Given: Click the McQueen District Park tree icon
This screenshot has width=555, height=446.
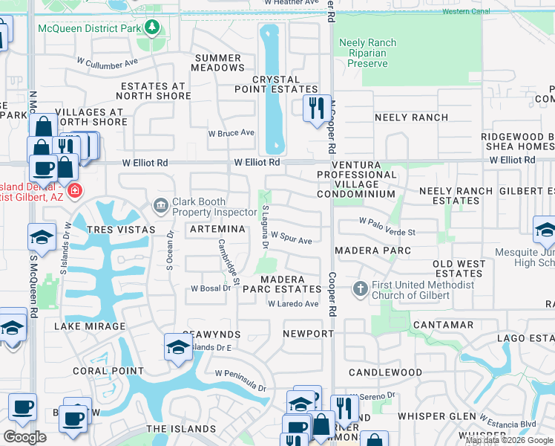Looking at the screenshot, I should pyautogui.click(x=153, y=28).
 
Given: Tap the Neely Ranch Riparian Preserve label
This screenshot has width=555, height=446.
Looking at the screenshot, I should pyautogui.click(x=364, y=53).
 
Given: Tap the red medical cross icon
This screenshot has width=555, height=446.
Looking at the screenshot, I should pyautogui.click(x=74, y=192).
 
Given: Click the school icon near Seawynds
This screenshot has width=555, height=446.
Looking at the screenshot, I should pyautogui.click(x=178, y=347).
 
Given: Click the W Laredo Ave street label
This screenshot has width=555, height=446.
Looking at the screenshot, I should pyautogui.click(x=293, y=303).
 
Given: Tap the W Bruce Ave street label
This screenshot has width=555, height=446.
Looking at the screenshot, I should pyautogui.click(x=231, y=133).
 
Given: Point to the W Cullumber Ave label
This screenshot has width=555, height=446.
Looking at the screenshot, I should pyautogui.click(x=107, y=62).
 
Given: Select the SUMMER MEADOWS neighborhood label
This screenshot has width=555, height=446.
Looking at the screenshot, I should pyautogui.click(x=217, y=62).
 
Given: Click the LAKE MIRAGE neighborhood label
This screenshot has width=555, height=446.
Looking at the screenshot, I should pyautogui.click(x=90, y=326).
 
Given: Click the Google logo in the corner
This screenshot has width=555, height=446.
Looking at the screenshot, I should pyautogui.click(x=24, y=437).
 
